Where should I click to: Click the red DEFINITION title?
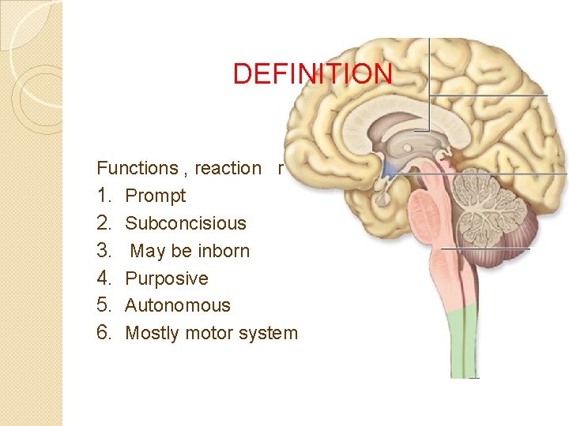[x=312, y=73]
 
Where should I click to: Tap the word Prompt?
[x=156, y=196]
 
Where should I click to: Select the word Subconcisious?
[x=186, y=223]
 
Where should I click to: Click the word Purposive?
[x=167, y=278]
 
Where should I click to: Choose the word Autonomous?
[x=178, y=305]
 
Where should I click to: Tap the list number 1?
[x=105, y=196]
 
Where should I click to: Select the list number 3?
[x=105, y=251]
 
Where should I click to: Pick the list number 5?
[x=105, y=305]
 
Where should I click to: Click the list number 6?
[x=105, y=333]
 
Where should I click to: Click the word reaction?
[x=228, y=168]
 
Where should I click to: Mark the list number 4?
[x=105, y=278]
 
